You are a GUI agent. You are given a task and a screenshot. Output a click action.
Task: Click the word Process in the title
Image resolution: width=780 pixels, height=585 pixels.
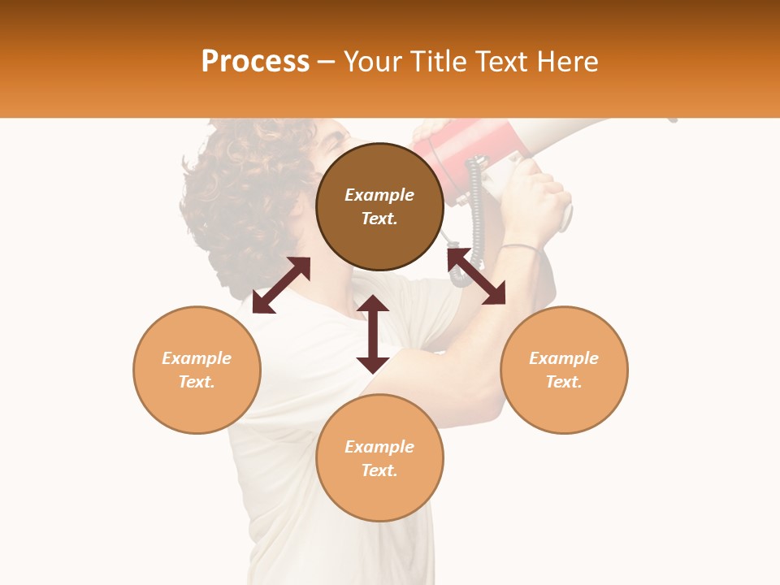coord(255,62)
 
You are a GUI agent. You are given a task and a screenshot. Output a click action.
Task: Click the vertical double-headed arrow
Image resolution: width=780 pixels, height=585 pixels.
coord(373,334)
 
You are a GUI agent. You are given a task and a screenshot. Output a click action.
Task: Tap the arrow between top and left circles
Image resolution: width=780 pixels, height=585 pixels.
coord(281,285)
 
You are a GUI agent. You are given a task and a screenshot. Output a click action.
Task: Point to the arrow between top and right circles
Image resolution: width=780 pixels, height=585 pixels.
coord(476,276)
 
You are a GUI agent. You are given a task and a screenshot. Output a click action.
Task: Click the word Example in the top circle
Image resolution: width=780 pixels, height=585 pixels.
coord(379,195)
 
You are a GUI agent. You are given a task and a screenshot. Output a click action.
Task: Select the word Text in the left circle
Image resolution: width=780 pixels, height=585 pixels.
coord(197,382)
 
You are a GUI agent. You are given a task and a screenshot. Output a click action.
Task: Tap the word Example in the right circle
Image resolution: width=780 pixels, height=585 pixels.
coord(564,358)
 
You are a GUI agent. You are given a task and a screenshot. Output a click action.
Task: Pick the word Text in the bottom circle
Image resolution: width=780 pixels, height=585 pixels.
coord(379,470)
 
